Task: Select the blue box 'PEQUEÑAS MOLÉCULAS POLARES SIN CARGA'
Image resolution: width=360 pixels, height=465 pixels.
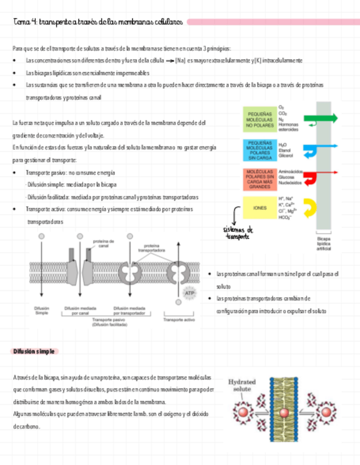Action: [x=260, y=149]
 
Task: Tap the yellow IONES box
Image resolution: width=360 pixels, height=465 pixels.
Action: [x=260, y=208]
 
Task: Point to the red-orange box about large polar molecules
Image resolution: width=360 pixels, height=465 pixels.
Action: [x=260, y=178]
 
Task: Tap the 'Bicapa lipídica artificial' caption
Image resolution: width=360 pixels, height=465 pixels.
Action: [x=324, y=243]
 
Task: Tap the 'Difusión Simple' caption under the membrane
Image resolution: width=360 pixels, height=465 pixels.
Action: [x=42, y=310]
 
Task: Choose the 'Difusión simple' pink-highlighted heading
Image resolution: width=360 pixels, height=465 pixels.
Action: [x=35, y=351]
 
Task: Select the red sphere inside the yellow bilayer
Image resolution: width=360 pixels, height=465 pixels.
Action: [x=284, y=413]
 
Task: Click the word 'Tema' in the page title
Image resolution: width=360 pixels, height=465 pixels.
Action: [x=20, y=22]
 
